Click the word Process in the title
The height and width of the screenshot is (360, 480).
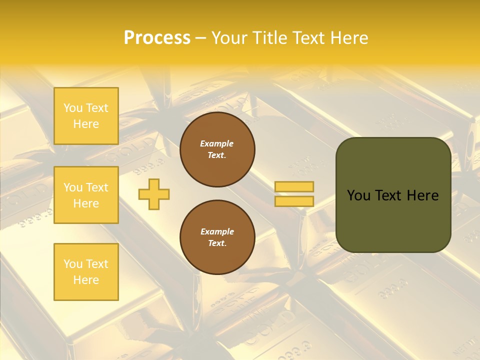[157, 38]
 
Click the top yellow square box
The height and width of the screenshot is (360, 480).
[86, 116]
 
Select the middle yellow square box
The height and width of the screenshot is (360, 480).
[86, 195]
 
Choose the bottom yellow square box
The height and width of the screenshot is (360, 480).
[86, 272]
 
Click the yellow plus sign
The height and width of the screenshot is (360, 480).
[154, 194]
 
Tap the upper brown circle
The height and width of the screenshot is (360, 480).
[217, 149]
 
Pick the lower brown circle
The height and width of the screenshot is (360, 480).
[217, 237]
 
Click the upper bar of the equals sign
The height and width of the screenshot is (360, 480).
[294, 186]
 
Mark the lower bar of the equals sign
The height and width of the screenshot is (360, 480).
[294, 201]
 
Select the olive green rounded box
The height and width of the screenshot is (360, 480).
[393, 195]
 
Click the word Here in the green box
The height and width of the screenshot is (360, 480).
[422, 195]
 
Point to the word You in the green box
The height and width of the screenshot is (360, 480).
[359, 195]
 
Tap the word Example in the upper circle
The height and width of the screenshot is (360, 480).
[217, 143]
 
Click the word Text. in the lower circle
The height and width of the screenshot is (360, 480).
[217, 243]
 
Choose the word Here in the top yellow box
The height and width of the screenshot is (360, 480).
[86, 124]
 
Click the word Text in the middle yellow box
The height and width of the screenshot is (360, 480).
[97, 187]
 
